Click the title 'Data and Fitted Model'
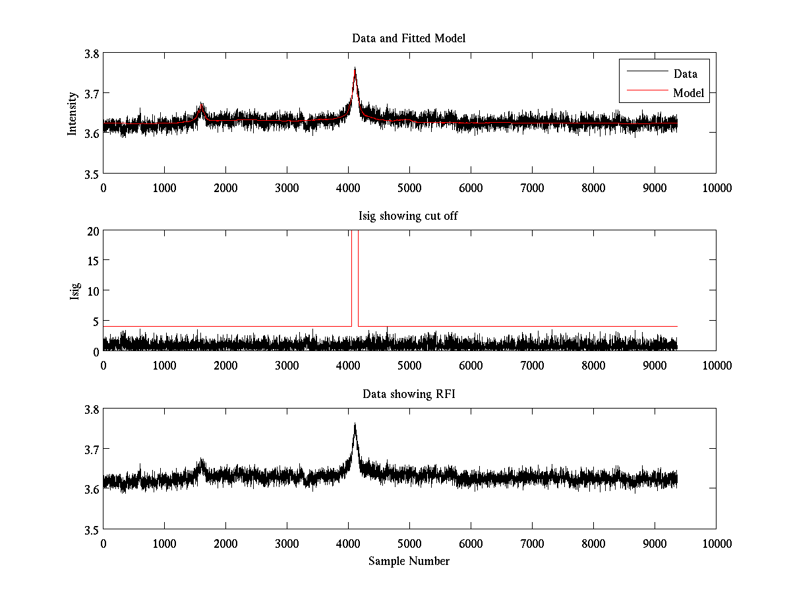pos(409,38)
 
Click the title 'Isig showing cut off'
pos(409,216)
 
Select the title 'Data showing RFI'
pos(409,394)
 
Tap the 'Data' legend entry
pos(685,74)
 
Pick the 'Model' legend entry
pos(688,93)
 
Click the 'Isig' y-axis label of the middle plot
pos(74,290)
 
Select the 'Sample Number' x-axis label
pos(409,561)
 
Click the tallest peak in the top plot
pos(355,69)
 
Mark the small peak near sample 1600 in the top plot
pos(202,104)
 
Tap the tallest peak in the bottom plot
pos(355,424)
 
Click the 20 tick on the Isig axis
pos(92,231)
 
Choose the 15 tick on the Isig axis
pos(92,261)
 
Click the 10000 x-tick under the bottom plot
pos(717,543)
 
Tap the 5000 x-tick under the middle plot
pos(409,365)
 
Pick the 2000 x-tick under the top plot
pos(225,188)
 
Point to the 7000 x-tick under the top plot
pos(532,188)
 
